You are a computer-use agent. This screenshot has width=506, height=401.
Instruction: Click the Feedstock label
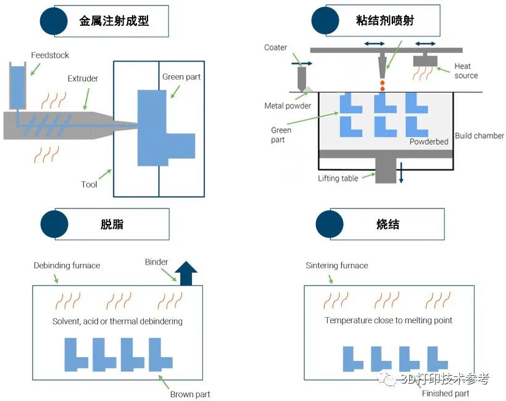pos(50,56)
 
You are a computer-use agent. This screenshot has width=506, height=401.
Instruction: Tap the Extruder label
pos(83,78)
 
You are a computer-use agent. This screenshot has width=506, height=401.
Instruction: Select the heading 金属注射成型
pos(114,20)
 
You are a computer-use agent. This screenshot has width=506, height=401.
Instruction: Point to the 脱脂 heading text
pos(112,224)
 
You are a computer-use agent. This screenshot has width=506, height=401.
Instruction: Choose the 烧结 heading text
pos(388,224)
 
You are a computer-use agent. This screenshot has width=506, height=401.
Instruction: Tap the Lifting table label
pos(338,178)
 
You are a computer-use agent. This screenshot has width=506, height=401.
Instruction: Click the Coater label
pos(276,48)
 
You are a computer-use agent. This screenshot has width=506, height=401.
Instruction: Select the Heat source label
pos(465,71)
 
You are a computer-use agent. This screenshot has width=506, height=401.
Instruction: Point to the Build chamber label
pos(479,136)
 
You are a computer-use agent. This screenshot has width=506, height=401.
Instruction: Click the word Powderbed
pos(429,142)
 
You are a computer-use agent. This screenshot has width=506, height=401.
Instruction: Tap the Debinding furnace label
pos(67,265)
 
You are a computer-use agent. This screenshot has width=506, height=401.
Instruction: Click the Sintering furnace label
pos(337,265)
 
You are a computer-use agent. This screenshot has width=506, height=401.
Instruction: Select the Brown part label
pos(190,394)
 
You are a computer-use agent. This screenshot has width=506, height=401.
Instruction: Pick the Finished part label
pos(445,394)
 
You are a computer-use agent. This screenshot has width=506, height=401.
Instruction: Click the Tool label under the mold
pos(89,184)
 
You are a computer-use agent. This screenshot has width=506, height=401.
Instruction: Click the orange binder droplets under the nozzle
pos(382,85)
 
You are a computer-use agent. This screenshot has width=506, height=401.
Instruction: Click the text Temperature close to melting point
pos(388,320)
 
